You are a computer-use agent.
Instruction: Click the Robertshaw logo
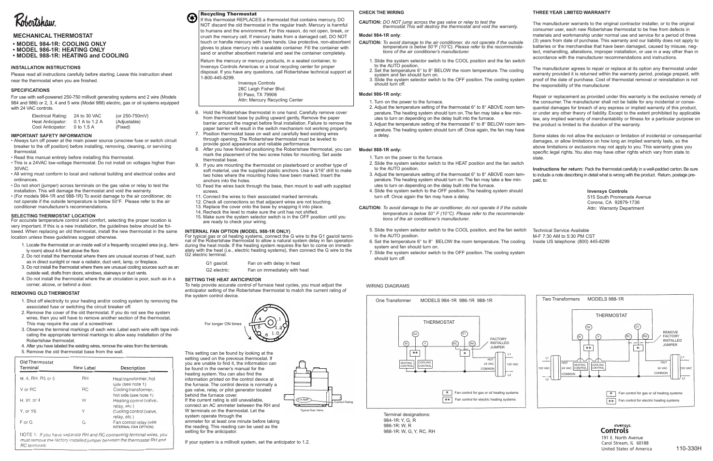[x=35, y=21]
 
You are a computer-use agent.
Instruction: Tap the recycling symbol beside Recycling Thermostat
[x=191, y=18]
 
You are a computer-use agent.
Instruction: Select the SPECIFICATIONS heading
[x=30, y=90]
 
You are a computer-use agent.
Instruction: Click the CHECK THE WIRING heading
[x=381, y=12]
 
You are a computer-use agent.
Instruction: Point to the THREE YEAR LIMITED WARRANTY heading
[x=571, y=12]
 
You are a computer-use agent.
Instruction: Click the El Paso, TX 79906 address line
[x=258, y=95]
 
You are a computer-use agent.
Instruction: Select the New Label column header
[x=85, y=368]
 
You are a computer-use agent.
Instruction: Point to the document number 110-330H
[x=688, y=448]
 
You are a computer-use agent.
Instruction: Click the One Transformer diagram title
[x=393, y=301]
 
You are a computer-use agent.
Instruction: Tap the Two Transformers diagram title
[x=561, y=299]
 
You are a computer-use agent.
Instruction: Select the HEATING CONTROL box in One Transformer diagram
[x=407, y=364]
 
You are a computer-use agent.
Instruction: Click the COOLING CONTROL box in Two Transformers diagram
[x=598, y=367]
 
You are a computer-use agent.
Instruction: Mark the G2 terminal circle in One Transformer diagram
[x=415, y=334]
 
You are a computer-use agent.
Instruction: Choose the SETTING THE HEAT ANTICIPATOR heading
[x=223, y=279]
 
